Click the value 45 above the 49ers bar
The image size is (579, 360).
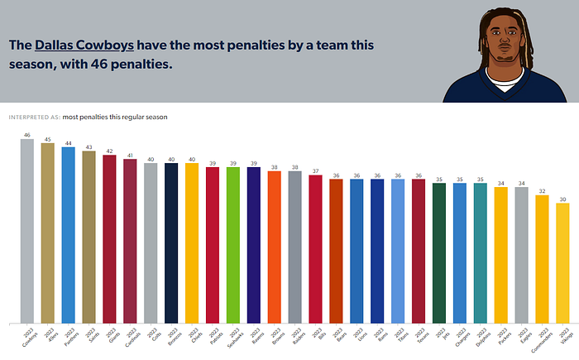pyautogui.click(x=47, y=139)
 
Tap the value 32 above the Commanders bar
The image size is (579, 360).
pyautogui.click(x=542, y=190)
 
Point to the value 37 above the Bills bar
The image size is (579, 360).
pyautogui.click(x=315, y=170)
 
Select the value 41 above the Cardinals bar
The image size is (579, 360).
pyautogui.click(x=130, y=155)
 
